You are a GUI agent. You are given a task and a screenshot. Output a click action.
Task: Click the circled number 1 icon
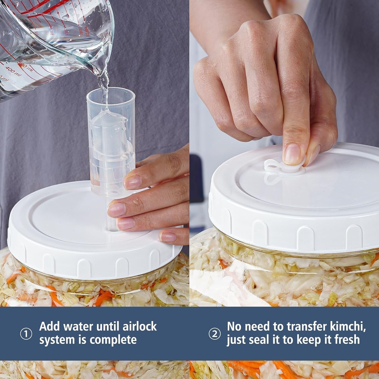(x=26, y=334)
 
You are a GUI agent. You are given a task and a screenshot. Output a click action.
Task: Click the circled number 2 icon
(x=215, y=334)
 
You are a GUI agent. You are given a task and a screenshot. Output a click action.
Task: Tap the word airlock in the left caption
(x=139, y=326)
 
